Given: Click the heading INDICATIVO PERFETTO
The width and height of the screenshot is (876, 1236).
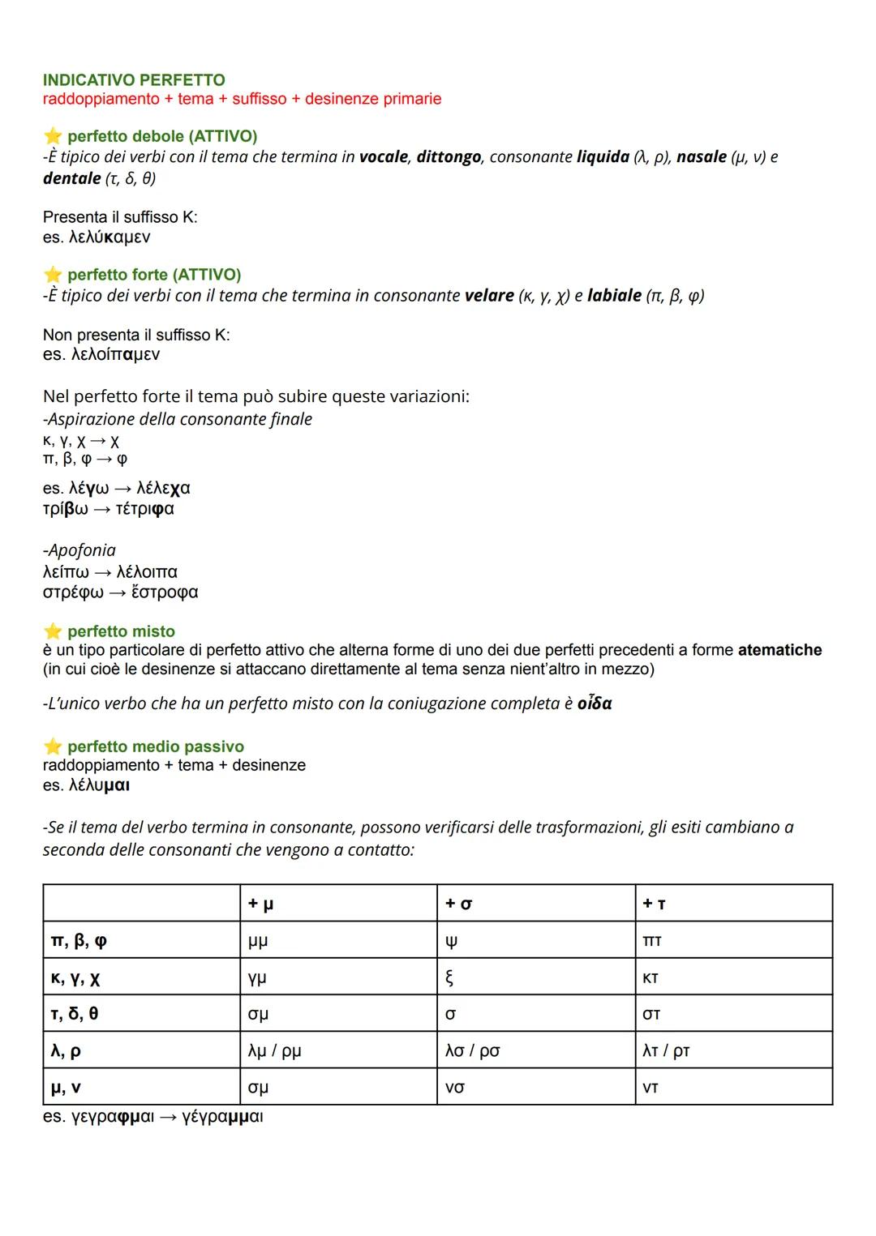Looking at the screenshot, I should pyautogui.click(x=134, y=79).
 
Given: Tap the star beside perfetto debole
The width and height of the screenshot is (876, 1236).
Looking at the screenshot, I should pyautogui.click(x=53, y=136).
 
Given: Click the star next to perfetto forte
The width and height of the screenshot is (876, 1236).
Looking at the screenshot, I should pyautogui.click(x=53, y=275).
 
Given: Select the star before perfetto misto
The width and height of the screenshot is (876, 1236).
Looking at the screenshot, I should pyautogui.click(x=53, y=631).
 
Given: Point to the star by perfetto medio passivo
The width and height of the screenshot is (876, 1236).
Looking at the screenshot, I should pyautogui.click(x=53, y=746).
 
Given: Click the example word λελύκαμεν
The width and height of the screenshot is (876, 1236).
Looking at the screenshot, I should pyautogui.click(x=109, y=237).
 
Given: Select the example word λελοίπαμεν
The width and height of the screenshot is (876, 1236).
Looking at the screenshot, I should pyautogui.click(x=114, y=354).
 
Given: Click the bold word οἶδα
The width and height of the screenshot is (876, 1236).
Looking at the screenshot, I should pyautogui.click(x=595, y=704).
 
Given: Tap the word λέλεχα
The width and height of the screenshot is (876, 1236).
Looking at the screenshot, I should pyautogui.click(x=163, y=488).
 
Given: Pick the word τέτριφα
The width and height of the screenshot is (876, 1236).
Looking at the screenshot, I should pyautogui.click(x=144, y=509).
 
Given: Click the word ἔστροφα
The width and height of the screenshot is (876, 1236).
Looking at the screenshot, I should pyautogui.click(x=164, y=592).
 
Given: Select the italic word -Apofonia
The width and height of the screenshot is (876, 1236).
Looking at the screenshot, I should pyautogui.click(x=79, y=550).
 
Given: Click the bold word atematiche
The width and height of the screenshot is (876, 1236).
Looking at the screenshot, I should pyautogui.click(x=779, y=650).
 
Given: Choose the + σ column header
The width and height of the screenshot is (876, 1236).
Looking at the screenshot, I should pyautogui.click(x=458, y=904).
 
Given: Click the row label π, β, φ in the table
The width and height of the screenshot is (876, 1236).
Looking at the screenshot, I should pyautogui.click(x=79, y=941).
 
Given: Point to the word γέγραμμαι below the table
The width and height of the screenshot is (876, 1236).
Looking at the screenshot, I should pyautogui.click(x=222, y=1117).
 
